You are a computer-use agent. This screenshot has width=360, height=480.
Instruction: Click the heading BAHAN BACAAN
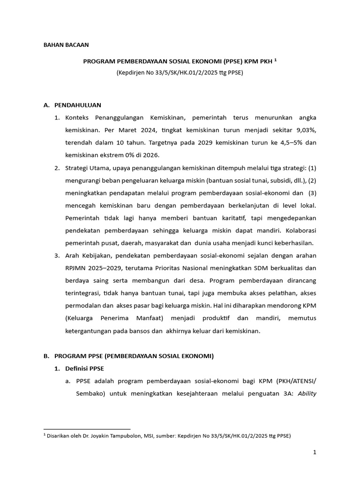(x=66, y=45)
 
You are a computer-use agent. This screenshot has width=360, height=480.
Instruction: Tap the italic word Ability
(x=307, y=394)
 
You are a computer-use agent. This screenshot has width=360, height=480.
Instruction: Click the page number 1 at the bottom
(x=315, y=452)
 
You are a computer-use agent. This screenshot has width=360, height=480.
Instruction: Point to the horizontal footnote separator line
(x=87, y=429)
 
